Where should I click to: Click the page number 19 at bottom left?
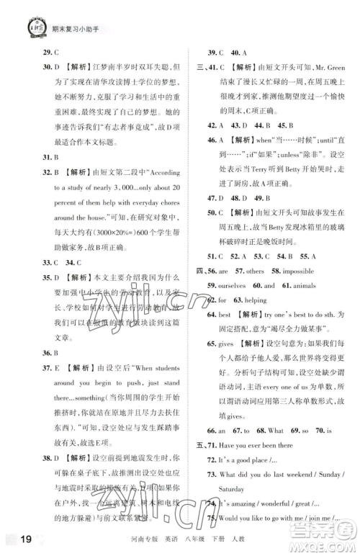click(x=19, y=537)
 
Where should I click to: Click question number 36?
click(x=28, y=353)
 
